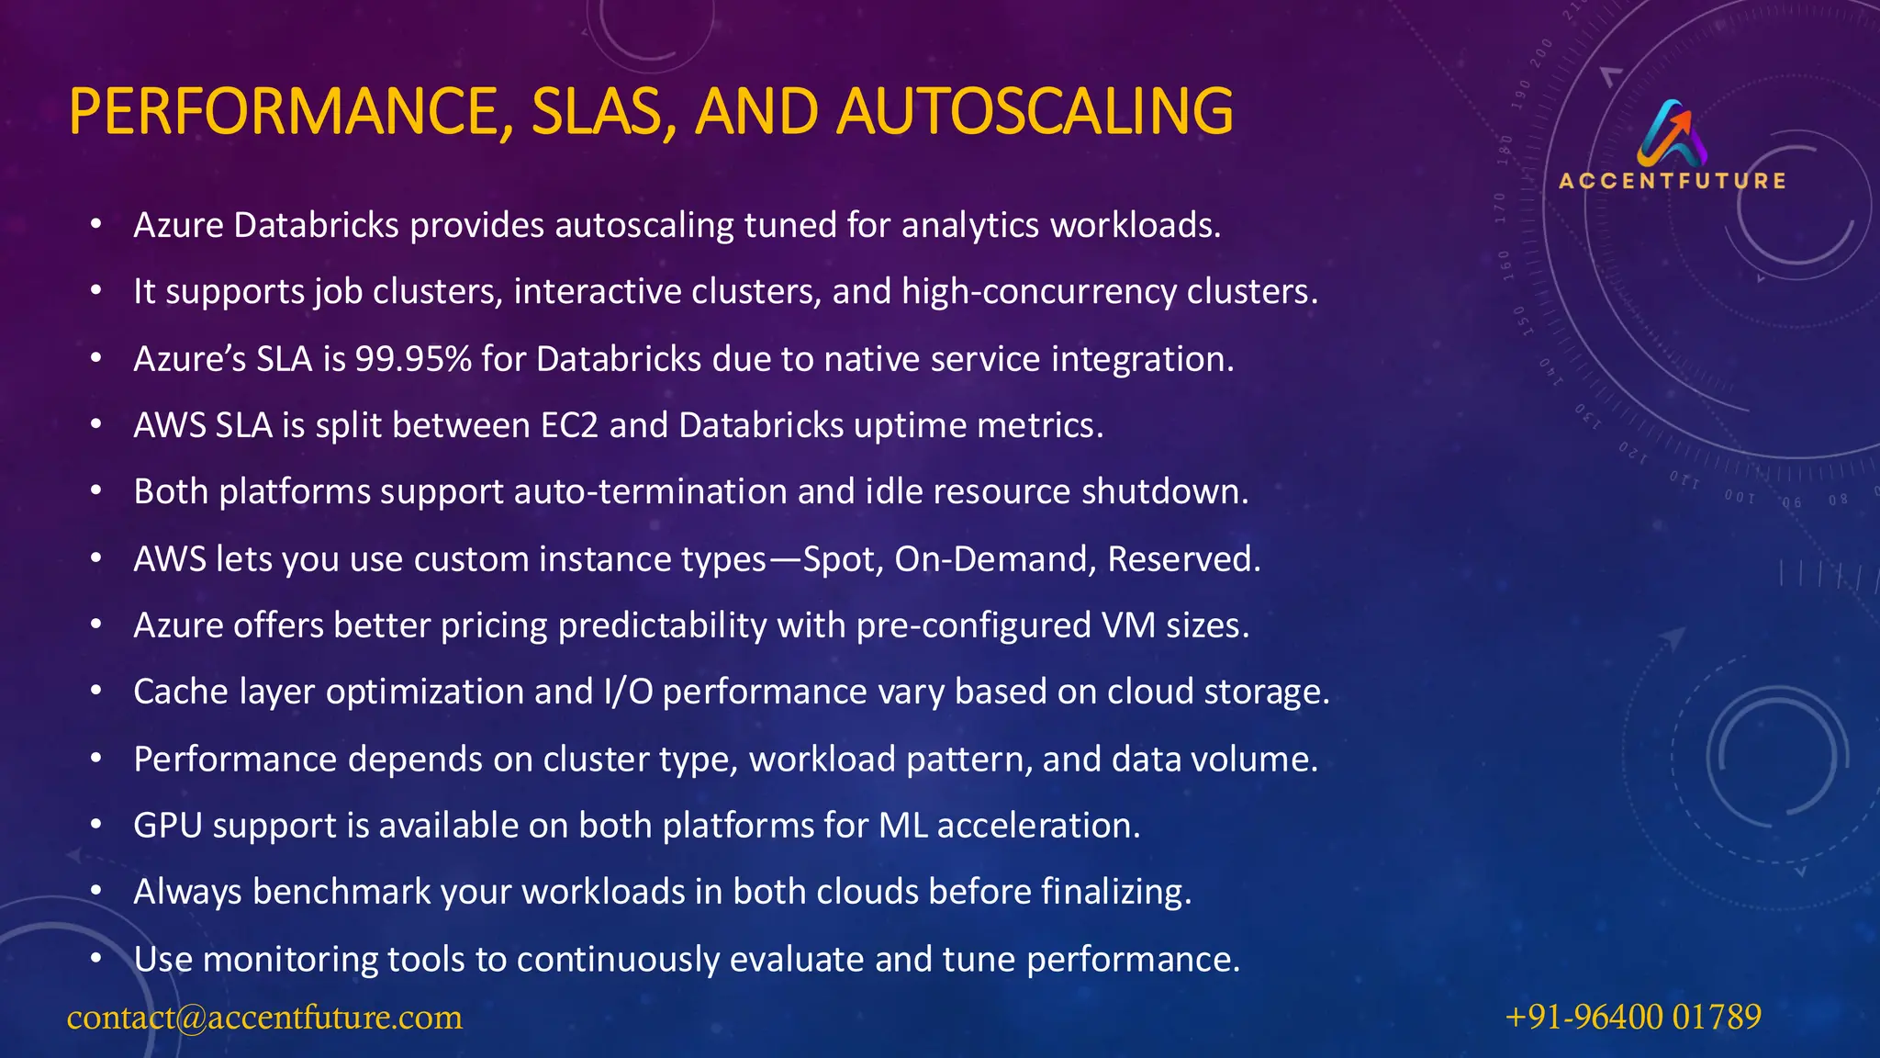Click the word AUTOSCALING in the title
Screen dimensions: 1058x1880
coord(1035,111)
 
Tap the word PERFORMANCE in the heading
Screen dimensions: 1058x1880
coord(284,111)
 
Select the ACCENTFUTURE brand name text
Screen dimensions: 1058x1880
coord(1673,181)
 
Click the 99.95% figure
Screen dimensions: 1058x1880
coord(413,359)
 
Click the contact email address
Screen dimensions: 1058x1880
coord(264,1017)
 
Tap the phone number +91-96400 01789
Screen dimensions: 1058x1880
coord(1633,1017)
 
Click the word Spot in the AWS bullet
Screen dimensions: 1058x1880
coord(838,558)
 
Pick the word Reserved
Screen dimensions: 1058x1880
coord(1183,558)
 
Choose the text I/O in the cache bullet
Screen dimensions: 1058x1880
coord(628,692)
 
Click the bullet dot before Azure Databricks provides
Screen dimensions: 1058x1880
coord(96,224)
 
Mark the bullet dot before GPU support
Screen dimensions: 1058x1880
coord(96,825)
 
